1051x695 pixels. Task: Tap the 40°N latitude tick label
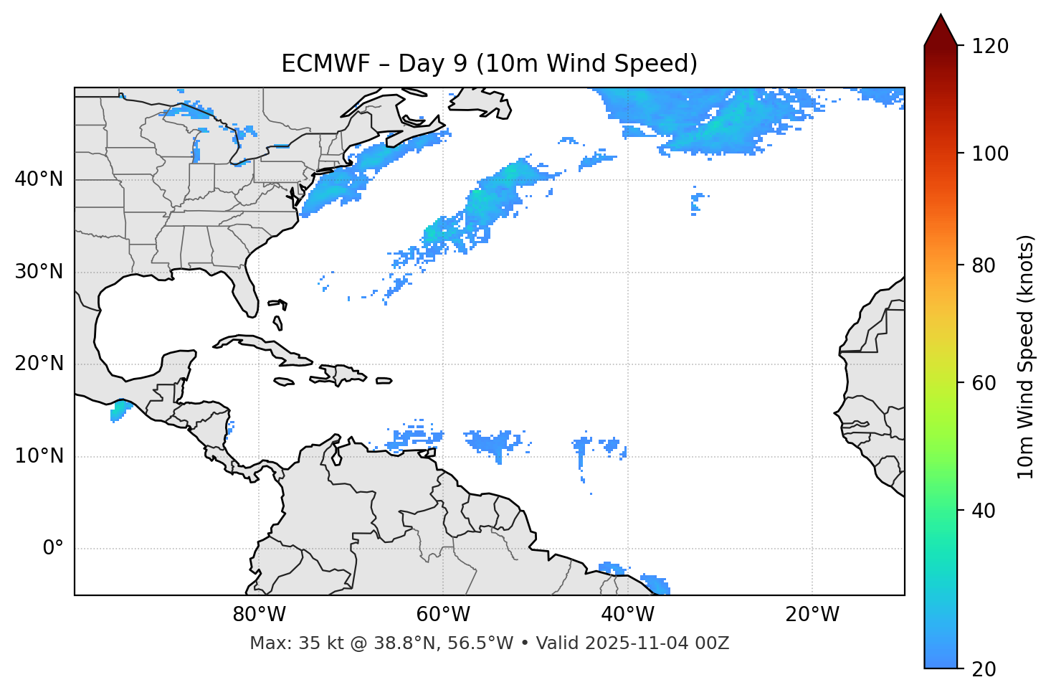[x=39, y=179]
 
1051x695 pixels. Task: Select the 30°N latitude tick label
[x=39, y=272]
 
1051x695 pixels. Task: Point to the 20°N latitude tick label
[x=39, y=364]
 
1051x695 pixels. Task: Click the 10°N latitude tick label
[x=39, y=456]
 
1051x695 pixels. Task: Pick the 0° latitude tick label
[x=53, y=549]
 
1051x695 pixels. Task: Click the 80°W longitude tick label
[x=259, y=615]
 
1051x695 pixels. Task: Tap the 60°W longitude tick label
[x=443, y=615]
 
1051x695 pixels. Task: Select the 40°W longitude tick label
[x=627, y=615]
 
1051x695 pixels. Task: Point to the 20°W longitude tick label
[x=812, y=615]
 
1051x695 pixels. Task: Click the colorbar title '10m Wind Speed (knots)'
[x=1026, y=356]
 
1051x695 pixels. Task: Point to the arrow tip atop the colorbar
[x=940, y=16]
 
